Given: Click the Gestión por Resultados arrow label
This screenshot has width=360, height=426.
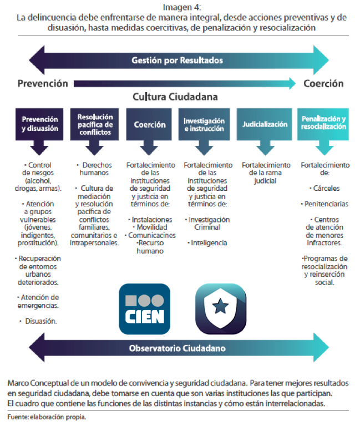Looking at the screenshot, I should (178, 60).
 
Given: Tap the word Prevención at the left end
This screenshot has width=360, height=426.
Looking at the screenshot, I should (42, 84).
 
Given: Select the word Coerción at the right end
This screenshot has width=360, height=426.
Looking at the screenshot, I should (323, 84).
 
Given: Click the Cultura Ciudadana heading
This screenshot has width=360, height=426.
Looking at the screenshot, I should (175, 97).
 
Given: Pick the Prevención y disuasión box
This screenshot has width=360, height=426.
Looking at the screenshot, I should (39, 124).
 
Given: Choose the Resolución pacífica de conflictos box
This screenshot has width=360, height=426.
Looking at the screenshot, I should (95, 124).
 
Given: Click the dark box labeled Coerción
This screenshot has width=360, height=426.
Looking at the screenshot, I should (150, 124).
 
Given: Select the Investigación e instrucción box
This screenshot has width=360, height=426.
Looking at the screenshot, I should (204, 124).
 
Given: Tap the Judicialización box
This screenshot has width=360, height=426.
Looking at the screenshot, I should (265, 124).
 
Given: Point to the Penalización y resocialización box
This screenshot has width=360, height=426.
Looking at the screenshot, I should (323, 123).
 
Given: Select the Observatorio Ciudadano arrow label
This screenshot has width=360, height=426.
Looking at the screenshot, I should (178, 349).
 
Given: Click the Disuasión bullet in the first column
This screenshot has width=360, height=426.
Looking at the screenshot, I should (40, 321).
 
